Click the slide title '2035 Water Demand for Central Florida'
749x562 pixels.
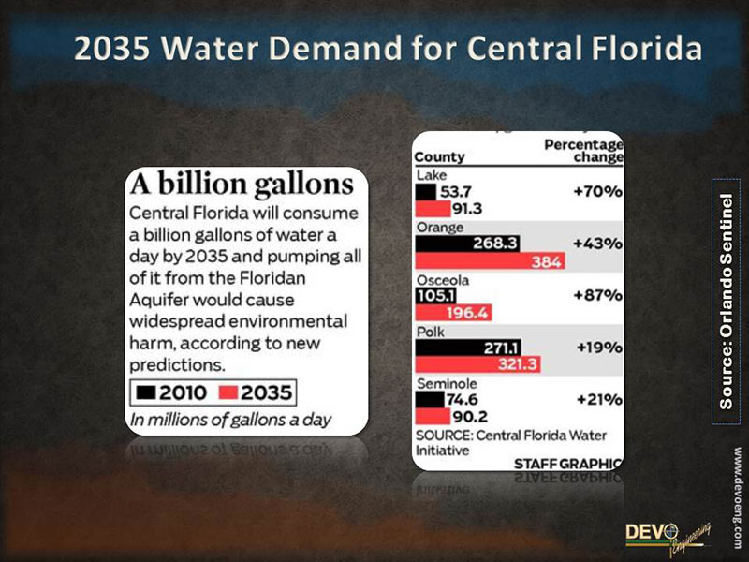click(388, 49)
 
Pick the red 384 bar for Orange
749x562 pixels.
click(490, 261)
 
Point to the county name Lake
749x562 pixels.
click(431, 175)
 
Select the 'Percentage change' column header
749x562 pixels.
click(583, 151)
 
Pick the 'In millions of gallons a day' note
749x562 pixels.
click(231, 420)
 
